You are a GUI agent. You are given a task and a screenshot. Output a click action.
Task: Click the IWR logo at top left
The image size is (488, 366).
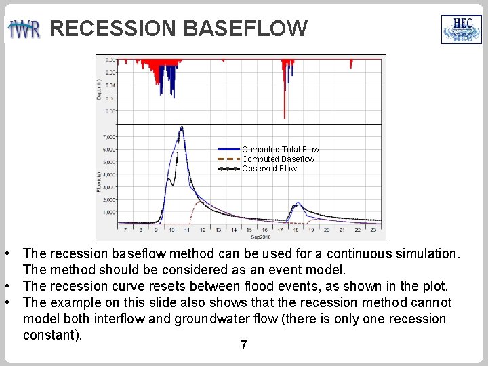click(x=24, y=29)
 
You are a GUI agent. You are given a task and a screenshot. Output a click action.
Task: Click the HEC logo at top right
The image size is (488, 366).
click(x=461, y=29)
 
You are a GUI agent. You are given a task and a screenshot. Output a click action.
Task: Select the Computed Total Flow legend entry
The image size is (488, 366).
click(x=280, y=149)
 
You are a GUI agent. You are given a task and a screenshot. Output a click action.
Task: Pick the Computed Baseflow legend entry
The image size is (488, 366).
click(x=278, y=159)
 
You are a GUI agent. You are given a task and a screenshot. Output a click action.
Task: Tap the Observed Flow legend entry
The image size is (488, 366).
click(x=269, y=169)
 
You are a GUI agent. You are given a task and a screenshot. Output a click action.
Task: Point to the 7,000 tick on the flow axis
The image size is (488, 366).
click(x=109, y=137)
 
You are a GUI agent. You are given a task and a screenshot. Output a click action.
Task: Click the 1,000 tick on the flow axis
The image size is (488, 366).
click(x=109, y=212)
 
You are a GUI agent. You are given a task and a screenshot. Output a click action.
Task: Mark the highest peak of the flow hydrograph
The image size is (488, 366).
click(x=181, y=127)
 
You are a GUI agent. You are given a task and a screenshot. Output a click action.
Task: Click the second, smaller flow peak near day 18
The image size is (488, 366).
click(x=297, y=203)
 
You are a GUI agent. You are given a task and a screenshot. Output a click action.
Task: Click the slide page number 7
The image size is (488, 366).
click(x=243, y=346)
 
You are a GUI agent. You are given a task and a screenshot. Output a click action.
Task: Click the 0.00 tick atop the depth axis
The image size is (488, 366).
click(x=110, y=60)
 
